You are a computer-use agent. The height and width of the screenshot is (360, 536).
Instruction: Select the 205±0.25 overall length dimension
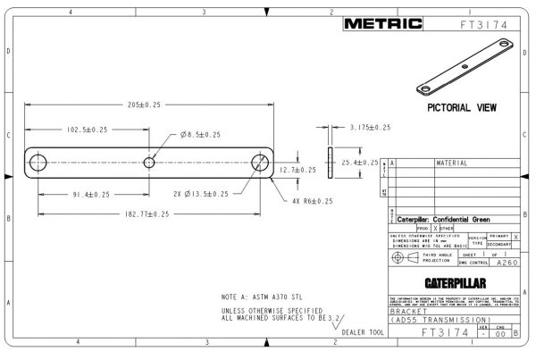pos(145,104)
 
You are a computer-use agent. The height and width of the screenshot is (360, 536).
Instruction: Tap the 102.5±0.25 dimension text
pos(87,130)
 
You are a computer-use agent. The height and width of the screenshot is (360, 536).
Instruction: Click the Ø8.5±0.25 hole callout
pos(204,134)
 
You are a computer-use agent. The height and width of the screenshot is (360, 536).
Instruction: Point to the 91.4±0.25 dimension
pos(87,194)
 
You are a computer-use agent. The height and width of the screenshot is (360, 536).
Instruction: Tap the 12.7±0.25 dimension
pos(297,169)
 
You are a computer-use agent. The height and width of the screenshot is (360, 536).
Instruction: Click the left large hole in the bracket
pos(38,163)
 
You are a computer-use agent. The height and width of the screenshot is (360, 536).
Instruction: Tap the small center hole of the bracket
pos(149,163)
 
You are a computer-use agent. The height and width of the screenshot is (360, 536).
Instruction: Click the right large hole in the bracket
pos(260,163)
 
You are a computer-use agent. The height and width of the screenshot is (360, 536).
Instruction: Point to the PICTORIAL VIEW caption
pos(463,107)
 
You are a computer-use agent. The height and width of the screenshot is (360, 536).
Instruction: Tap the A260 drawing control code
pos(506,264)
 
